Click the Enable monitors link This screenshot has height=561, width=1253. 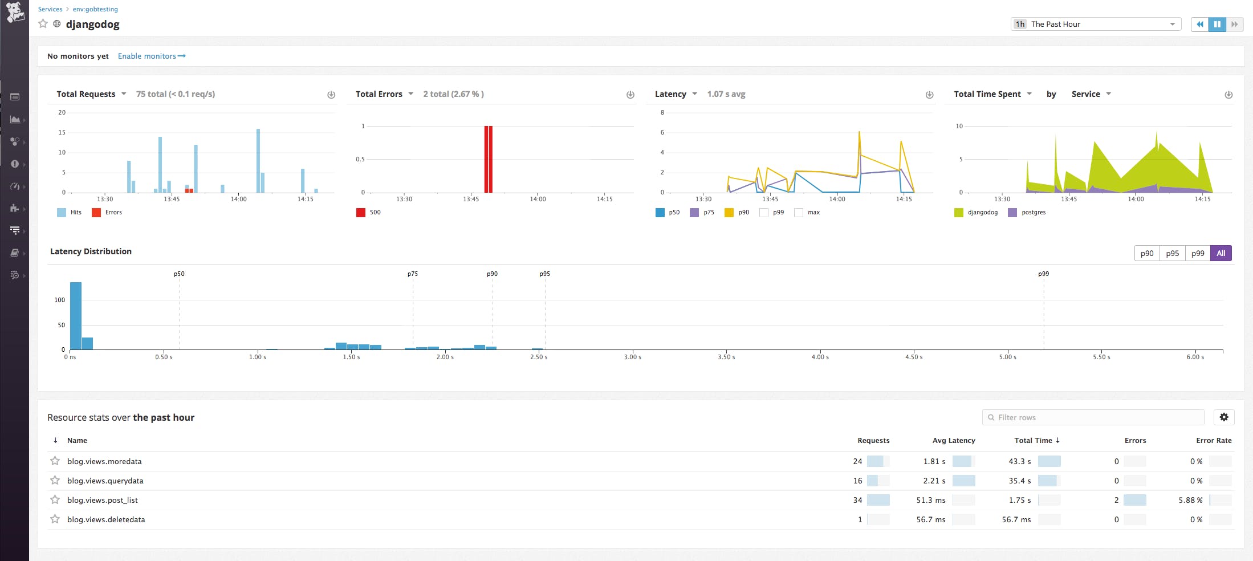pyautogui.click(x=151, y=56)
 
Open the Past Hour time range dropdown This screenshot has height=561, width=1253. pyautogui.click(x=1095, y=24)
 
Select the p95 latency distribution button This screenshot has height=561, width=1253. pyautogui.click(x=1172, y=253)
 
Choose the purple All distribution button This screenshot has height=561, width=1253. pyautogui.click(x=1221, y=253)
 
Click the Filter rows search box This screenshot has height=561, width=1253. pyautogui.click(x=1093, y=417)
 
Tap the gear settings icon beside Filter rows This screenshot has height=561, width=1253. pyautogui.click(x=1224, y=417)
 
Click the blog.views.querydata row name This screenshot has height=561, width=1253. pyautogui.click(x=105, y=481)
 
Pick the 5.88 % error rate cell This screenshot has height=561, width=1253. pyautogui.click(x=1190, y=500)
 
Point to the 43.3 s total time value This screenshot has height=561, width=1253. pyautogui.click(x=1019, y=461)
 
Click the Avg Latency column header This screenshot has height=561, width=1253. pyautogui.click(x=954, y=440)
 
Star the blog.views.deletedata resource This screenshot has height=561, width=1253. pyautogui.click(x=55, y=519)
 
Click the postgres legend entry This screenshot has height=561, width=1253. pyautogui.click(x=1033, y=212)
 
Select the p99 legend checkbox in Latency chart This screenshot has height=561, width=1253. pyautogui.click(x=764, y=213)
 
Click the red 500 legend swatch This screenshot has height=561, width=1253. pyautogui.click(x=361, y=213)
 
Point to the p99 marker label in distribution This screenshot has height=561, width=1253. pyautogui.click(x=1043, y=274)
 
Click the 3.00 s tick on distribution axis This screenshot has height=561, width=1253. pyautogui.click(x=632, y=357)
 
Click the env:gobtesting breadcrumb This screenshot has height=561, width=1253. pyautogui.click(x=95, y=9)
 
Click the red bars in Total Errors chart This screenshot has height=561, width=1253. pyautogui.click(x=488, y=160)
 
